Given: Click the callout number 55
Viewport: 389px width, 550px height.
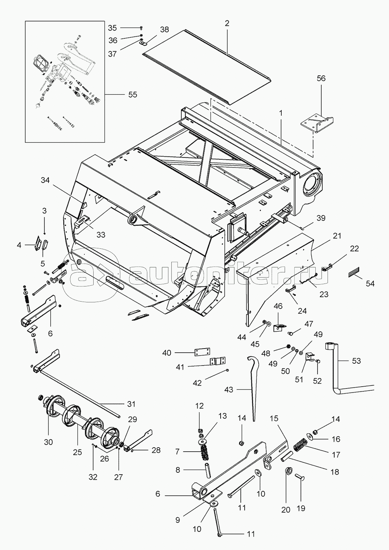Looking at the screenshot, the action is (x=133, y=95).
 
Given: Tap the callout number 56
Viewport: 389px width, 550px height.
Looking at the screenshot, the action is (x=321, y=78).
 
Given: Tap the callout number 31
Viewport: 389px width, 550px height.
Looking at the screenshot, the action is (x=131, y=404).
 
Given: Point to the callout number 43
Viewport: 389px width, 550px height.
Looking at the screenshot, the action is (x=229, y=390).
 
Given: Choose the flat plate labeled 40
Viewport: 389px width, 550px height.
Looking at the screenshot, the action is (x=202, y=352).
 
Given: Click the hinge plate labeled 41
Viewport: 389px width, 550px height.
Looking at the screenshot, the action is (x=218, y=361).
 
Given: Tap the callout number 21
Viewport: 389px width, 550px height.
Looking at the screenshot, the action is (x=336, y=236).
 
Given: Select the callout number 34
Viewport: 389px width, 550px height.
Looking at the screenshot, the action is (x=45, y=180).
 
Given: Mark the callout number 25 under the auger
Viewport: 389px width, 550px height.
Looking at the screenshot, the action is (x=77, y=452).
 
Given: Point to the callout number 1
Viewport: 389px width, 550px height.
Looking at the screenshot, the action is (x=281, y=113).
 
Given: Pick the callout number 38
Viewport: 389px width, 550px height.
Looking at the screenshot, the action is (x=164, y=30).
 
